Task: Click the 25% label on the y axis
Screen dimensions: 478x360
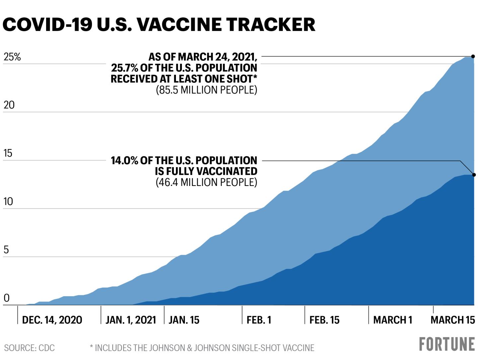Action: (x=12, y=57)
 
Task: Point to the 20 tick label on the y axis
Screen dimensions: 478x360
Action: (x=9, y=105)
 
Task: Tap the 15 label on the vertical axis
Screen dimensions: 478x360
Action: (x=8, y=153)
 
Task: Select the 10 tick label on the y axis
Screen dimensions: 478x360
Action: (x=8, y=202)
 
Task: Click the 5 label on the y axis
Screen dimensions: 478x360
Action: (x=6, y=250)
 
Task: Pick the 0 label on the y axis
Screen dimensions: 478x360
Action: (x=7, y=298)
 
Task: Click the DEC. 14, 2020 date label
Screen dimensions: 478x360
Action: (x=52, y=320)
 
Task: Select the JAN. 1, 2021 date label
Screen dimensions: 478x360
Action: (x=131, y=320)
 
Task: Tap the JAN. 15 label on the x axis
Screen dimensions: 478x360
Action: (x=184, y=320)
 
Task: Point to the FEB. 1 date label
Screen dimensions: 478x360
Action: (x=259, y=320)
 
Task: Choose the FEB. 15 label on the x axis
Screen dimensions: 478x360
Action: (x=324, y=320)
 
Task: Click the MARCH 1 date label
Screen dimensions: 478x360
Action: (x=393, y=320)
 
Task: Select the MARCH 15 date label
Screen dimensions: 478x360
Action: (x=452, y=320)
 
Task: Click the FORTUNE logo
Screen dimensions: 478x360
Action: (x=447, y=344)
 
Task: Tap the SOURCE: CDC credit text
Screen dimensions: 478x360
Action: (x=30, y=348)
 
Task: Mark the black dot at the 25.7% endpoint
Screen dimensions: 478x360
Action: (x=473, y=56)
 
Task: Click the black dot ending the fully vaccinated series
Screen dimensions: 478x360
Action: (x=474, y=175)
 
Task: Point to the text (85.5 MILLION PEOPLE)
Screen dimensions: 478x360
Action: (x=206, y=90)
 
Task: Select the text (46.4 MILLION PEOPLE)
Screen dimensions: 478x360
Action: (x=206, y=182)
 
